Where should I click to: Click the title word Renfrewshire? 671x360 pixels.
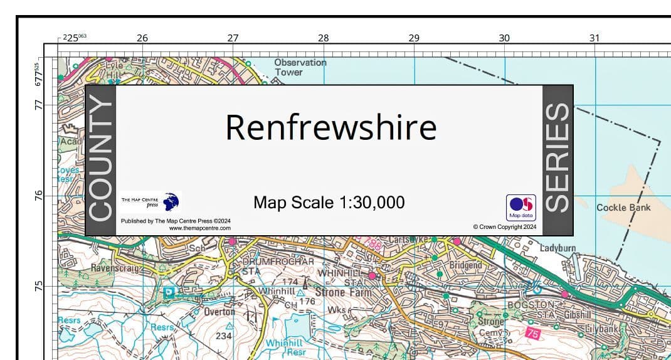[330, 127]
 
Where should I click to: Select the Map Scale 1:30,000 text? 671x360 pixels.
[329, 203]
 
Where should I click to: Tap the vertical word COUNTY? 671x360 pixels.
[100, 161]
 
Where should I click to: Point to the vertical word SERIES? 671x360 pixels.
[557, 159]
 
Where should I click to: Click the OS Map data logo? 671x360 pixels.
[521, 207]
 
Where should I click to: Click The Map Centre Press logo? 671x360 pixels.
[151, 202]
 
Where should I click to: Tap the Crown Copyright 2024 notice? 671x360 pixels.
[504, 227]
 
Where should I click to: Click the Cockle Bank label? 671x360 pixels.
[623, 208]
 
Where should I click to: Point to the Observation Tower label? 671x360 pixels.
[300, 67]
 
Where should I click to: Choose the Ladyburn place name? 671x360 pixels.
[557, 248]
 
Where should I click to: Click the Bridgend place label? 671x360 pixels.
[465, 265]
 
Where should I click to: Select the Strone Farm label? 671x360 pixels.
[343, 292]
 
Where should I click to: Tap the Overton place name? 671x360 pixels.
[219, 312]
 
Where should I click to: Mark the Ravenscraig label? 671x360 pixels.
[116, 268]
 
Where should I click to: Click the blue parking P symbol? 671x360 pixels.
[169, 293]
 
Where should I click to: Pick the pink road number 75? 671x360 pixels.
[532, 334]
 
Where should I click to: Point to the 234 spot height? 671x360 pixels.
[224, 336]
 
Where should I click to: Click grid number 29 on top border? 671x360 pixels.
[414, 38]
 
